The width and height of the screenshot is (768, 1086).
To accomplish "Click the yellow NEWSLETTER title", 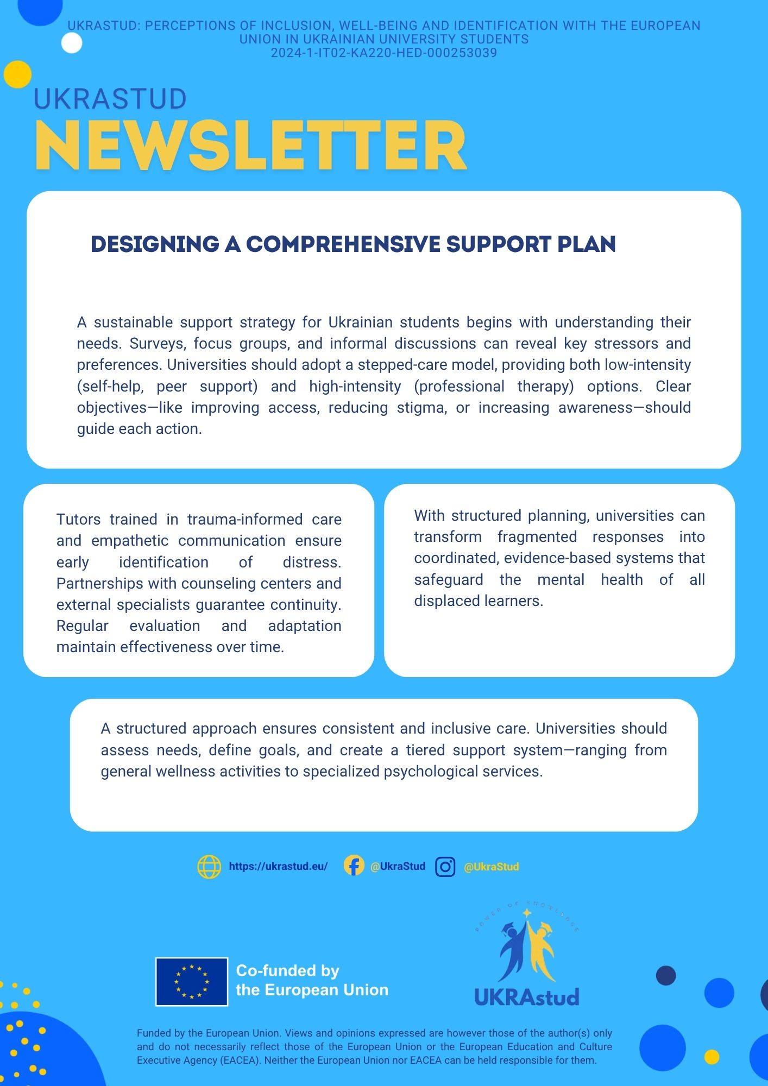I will click(250, 146).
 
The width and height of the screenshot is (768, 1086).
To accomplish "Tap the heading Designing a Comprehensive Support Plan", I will click(353, 244).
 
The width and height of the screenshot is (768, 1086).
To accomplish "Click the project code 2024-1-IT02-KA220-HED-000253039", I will click(384, 53).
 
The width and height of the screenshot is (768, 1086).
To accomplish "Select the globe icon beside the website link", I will click(209, 867).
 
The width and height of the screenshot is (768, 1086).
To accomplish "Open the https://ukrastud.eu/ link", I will click(278, 867).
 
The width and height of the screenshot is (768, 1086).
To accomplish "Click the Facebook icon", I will click(354, 866).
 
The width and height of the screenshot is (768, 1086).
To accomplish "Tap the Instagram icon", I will click(445, 867).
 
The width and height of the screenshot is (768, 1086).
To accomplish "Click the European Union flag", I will click(191, 982).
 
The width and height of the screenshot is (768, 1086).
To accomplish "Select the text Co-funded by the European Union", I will click(312, 980).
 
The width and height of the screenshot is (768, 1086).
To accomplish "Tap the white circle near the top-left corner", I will click(72, 43).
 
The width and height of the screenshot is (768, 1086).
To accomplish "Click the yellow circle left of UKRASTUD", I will click(17, 74).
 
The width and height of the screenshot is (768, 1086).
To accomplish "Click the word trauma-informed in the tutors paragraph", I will click(245, 520).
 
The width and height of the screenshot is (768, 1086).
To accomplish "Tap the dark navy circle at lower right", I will click(666, 976).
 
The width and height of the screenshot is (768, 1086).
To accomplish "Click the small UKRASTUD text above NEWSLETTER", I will click(110, 99).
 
